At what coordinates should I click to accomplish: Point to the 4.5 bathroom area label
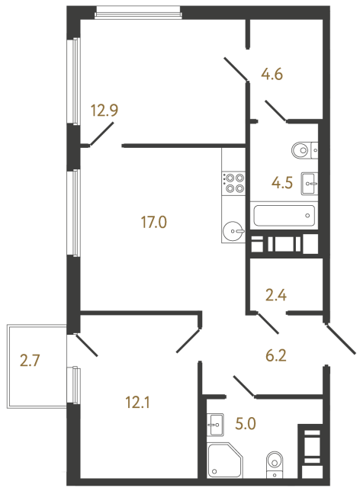(x=284, y=183)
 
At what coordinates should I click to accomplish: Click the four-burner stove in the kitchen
(x=233, y=181)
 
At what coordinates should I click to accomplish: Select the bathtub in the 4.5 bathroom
(x=283, y=215)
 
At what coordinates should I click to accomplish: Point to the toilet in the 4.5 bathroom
(x=302, y=149)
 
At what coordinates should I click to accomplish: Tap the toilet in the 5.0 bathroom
(x=275, y=464)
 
